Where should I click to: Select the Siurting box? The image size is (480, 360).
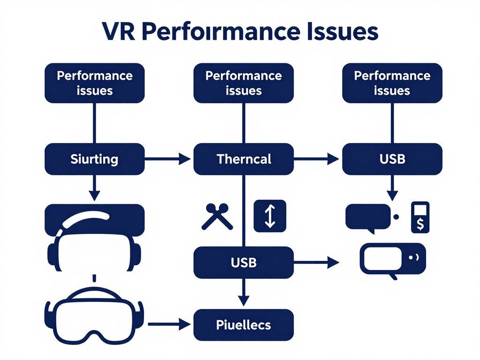(94, 159)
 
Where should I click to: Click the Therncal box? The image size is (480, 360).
(244, 159)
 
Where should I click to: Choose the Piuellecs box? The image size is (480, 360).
(244, 324)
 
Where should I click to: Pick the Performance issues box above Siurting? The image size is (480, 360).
(94, 83)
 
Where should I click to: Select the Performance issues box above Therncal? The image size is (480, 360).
(244, 83)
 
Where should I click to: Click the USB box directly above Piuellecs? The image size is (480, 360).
(244, 263)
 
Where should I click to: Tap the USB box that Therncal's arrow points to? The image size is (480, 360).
(392, 159)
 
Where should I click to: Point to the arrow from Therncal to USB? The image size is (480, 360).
(316, 159)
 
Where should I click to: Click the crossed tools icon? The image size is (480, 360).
(217, 217)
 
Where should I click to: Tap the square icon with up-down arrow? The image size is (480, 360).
(270, 216)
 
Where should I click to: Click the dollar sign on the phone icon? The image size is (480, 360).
(420, 224)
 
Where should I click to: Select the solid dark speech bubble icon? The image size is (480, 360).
(368, 217)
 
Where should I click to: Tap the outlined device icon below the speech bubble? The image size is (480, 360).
(392, 259)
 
